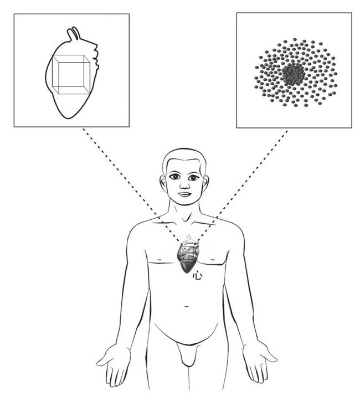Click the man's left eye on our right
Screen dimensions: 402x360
click(194, 177)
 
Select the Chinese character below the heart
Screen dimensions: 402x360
click(197, 275)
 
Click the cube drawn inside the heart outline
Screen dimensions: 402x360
click(70, 75)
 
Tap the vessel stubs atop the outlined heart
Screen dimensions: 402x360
click(74, 34)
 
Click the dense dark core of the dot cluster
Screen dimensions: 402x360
click(292, 74)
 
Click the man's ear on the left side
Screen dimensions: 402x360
click(164, 182)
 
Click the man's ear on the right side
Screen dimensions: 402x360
click(207, 182)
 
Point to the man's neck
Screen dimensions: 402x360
click(185, 213)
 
